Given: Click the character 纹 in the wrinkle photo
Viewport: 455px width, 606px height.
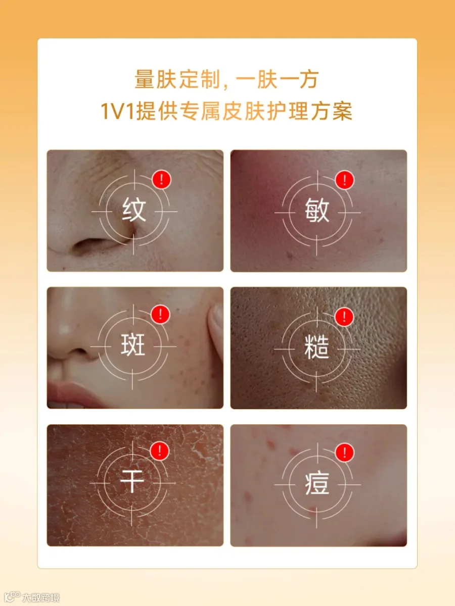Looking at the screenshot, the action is tap(134, 210).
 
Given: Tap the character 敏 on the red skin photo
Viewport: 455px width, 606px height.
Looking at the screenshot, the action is tap(317, 211).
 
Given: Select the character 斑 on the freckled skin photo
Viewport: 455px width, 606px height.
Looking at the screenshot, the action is tap(133, 344).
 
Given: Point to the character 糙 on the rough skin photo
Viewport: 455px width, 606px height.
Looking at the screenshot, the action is tap(316, 347).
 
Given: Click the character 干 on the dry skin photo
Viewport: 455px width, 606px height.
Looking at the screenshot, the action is tap(132, 481).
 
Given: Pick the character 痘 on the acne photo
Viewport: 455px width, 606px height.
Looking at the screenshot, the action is tap(317, 484).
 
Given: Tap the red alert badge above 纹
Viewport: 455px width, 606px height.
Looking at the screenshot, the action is tap(162, 179).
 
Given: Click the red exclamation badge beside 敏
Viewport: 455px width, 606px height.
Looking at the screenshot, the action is tap(344, 180).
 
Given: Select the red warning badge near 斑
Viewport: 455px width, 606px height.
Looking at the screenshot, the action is tap(160, 314).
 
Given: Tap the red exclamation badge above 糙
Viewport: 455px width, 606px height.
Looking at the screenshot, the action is tap(344, 317).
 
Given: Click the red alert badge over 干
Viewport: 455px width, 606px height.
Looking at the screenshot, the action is tap(160, 451).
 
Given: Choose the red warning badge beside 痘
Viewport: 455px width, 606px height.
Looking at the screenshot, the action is tap(344, 452).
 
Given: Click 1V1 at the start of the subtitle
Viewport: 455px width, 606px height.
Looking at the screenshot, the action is tap(118, 111).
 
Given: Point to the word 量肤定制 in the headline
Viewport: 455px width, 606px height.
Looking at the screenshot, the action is tap(177, 79).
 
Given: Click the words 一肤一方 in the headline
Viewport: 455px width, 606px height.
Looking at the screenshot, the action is tap(278, 79).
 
